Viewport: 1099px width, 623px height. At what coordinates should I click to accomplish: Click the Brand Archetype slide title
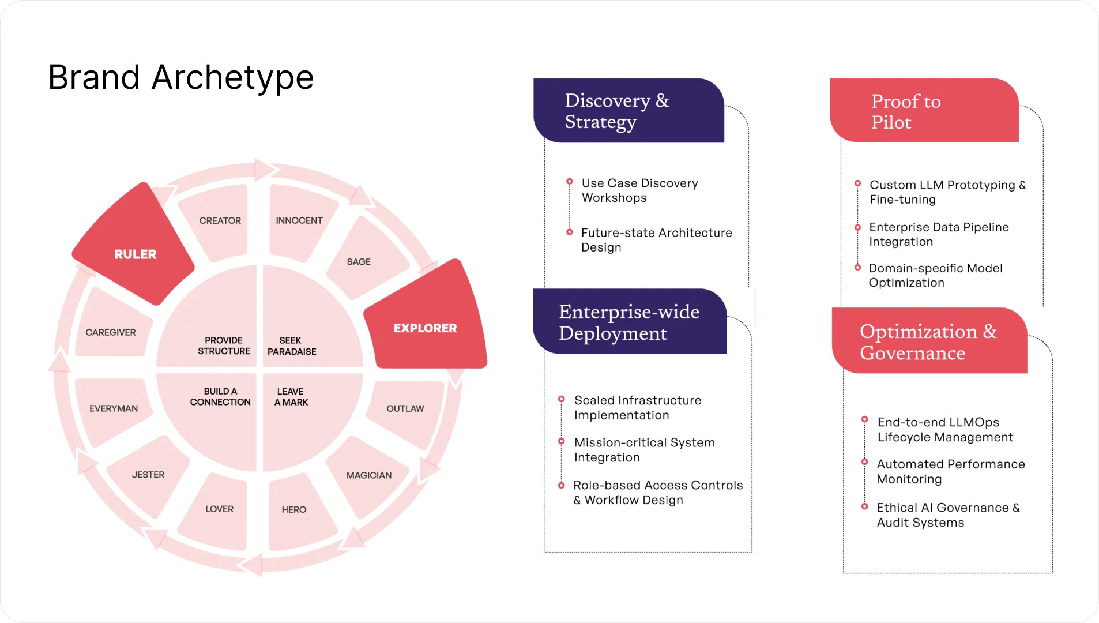click(x=180, y=77)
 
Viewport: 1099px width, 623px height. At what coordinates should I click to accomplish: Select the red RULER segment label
click(x=136, y=254)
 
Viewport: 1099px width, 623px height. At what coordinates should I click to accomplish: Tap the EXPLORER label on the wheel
click(x=425, y=328)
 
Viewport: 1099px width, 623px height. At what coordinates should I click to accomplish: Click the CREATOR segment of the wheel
click(x=220, y=220)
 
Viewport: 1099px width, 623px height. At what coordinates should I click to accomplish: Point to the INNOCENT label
click(x=299, y=220)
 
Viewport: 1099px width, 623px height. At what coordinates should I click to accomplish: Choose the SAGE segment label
click(x=359, y=262)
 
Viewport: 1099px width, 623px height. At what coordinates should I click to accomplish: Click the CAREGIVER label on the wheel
click(x=111, y=332)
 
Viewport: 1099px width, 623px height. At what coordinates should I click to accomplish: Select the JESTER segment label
click(x=148, y=475)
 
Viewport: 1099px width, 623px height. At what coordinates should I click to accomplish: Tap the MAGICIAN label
click(x=369, y=475)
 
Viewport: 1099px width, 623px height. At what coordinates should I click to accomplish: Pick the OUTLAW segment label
click(x=405, y=408)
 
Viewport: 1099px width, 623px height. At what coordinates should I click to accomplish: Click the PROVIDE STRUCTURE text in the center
click(x=224, y=346)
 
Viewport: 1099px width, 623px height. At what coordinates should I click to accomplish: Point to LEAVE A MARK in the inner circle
click(x=291, y=397)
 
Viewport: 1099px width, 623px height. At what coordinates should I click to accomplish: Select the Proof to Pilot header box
click(x=924, y=111)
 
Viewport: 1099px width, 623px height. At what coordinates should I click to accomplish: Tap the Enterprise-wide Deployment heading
click(x=629, y=322)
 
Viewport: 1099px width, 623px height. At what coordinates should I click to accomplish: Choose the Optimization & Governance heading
click(x=928, y=341)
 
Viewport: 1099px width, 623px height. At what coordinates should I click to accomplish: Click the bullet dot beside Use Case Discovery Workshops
click(x=570, y=182)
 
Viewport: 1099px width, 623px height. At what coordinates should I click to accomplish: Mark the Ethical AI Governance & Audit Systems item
click(x=948, y=515)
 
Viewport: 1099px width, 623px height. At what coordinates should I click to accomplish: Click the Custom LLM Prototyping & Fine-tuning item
click(x=947, y=192)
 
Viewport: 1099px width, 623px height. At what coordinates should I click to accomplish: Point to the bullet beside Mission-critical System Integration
click(x=562, y=442)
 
